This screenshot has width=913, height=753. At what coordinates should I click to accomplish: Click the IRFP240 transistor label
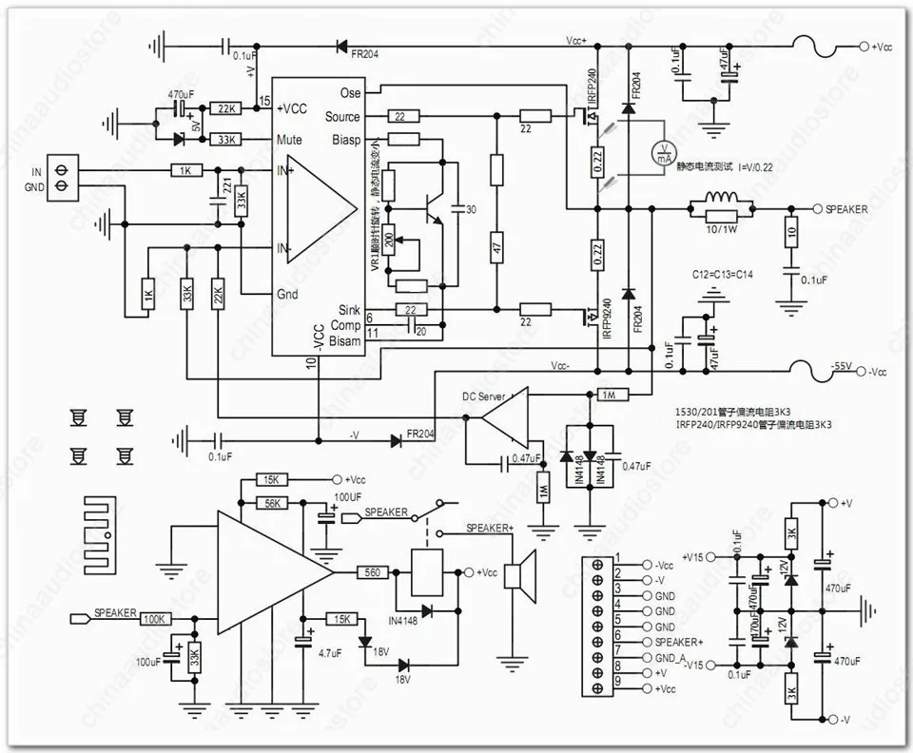[592, 87]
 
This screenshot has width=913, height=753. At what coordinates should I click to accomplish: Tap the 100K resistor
[155, 619]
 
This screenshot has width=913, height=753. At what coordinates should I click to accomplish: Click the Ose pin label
[350, 93]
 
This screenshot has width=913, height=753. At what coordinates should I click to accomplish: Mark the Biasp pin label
[345, 141]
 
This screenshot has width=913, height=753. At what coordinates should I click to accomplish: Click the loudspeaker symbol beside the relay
[515, 575]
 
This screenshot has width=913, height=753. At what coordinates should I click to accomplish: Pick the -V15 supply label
[696, 664]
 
